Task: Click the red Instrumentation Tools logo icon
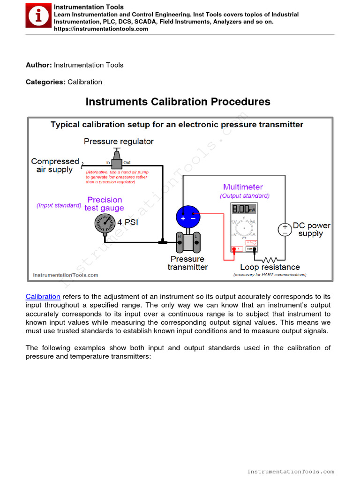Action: pyautogui.click(x=38, y=16)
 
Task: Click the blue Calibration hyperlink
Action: pyautogui.click(x=43, y=297)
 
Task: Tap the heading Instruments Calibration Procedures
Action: pyautogui.click(x=178, y=102)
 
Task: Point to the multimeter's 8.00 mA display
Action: pyautogui.click(x=243, y=209)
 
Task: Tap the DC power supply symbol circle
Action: pyautogui.click(x=285, y=229)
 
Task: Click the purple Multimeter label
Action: pyautogui.click(x=243, y=187)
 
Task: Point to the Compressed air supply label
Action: pyautogui.click(x=55, y=165)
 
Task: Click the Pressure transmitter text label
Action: pyautogui.click(x=187, y=263)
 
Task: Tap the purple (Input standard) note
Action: pyautogui.click(x=59, y=205)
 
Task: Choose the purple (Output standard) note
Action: pyautogui.click(x=245, y=195)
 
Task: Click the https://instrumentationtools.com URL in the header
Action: pyautogui.click(x=101, y=29)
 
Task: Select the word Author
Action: pyautogui.click(x=38, y=65)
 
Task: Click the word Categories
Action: pyautogui.click(x=45, y=82)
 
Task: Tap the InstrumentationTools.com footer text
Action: pyautogui.click(x=290, y=472)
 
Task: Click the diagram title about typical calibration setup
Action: pyautogui.click(x=177, y=125)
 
